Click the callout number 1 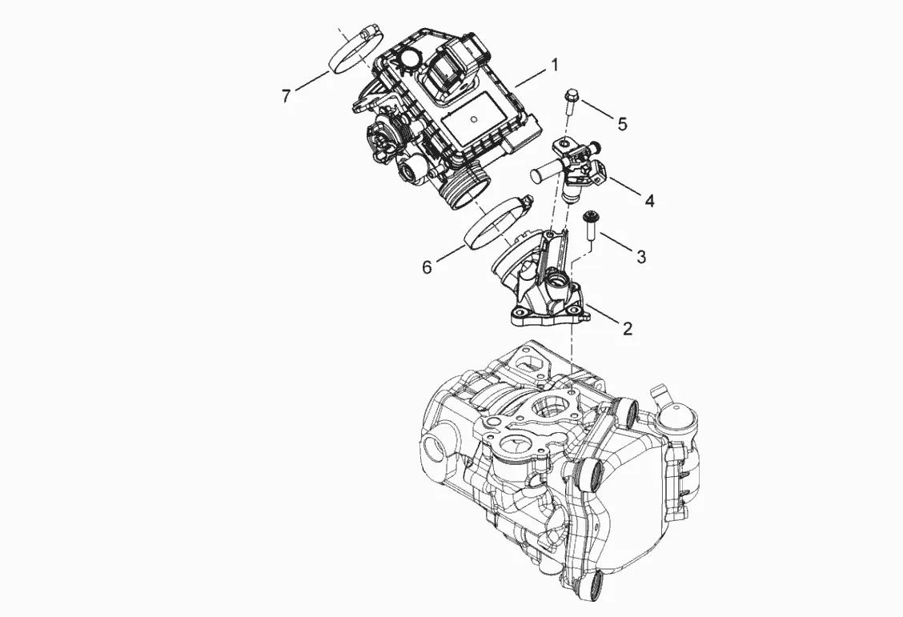[x=553, y=65]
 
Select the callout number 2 [x=627, y=327]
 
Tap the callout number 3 [x=640, y=256]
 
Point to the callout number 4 [x=649, y=201]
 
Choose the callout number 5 [x=621, y=123]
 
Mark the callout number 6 [x=427, y=266]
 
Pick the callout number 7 [x=287, y=96]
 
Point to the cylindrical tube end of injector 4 [x=540, y=173]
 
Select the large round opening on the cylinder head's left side [x=435, y=448]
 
